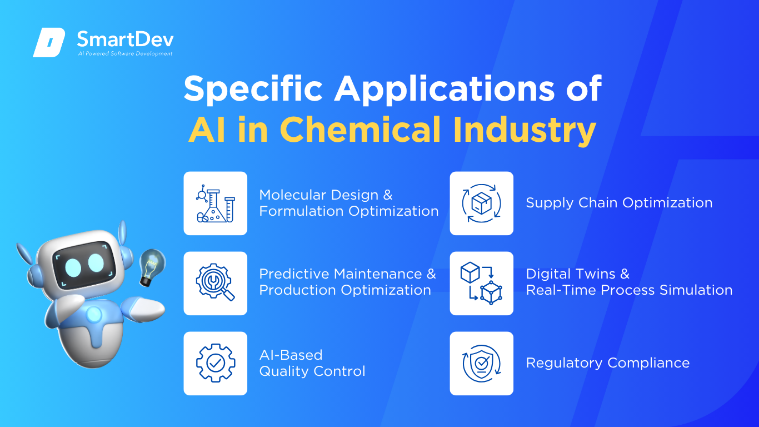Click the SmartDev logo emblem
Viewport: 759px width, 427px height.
[x=49, y=42]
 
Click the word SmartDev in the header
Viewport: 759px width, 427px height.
[x=125, y=39]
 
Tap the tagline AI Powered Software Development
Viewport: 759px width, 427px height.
[x=125, y=53]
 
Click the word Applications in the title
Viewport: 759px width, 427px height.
[x=444, y=89]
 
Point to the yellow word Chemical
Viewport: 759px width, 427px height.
[x=360, y=130]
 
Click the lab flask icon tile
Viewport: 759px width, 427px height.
[x=216, y=203]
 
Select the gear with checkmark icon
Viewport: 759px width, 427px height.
[x=216, y=363]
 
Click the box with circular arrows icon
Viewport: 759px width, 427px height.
[x=482, y=203]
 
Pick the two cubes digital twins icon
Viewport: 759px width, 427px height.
[x=481, y=283]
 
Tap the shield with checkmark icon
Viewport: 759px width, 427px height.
[x=482, y=364]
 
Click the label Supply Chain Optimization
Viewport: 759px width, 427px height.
[x=619, y=203]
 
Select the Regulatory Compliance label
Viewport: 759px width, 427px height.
[x=608, y=363]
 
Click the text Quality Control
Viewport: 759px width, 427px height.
[x=312, y=371]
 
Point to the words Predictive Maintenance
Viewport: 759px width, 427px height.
[x=341, y=274]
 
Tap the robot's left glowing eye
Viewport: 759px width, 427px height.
[x=73, y=268]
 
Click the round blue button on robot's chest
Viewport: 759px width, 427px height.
[x=94, y=315]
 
